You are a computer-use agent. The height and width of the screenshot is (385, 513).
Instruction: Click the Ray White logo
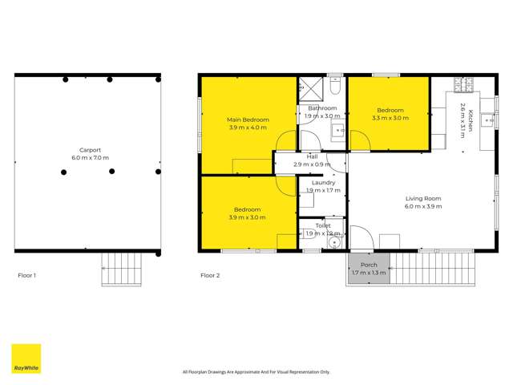pyautogui.click(x=26, y=359)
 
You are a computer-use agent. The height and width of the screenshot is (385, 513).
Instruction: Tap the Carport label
pyautogui.click(x=89, y=150)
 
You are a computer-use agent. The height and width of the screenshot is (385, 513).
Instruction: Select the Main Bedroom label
pyautogui.click(x=248, y=120)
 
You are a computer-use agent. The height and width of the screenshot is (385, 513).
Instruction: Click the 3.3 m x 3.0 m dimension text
pyautogui.click(x=390, y=119)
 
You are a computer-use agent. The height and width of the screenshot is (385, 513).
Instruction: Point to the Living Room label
pyautogui.click(x=423, y=198)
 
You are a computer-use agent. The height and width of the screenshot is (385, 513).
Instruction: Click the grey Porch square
pyautogui.click(x=369, y=269)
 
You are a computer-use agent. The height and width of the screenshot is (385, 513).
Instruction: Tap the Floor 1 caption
pyautogui.click(x=27, y=275)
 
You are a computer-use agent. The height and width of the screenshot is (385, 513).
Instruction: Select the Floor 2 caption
pyautogui.click(x=210, y=275)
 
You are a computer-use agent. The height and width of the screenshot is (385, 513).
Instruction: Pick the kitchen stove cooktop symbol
pyautogui.click(x=464, y=83)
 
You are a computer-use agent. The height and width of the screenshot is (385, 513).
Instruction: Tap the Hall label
pyautogui.click(x=312, y=156)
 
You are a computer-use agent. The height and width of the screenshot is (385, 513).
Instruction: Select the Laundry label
pyautogui.click(x=323, y=183)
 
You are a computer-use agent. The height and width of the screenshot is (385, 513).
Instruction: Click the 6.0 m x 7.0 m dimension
pyautogui.click(x=89, y=158)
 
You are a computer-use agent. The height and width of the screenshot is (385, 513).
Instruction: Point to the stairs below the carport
pyautogui.click(x=122, y=268)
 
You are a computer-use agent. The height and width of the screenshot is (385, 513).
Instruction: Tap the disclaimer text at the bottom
pyautogui.click(x=256, y=371)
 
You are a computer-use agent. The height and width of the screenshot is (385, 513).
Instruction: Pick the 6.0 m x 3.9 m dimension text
pyautogui.click(x=423, y=206)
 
